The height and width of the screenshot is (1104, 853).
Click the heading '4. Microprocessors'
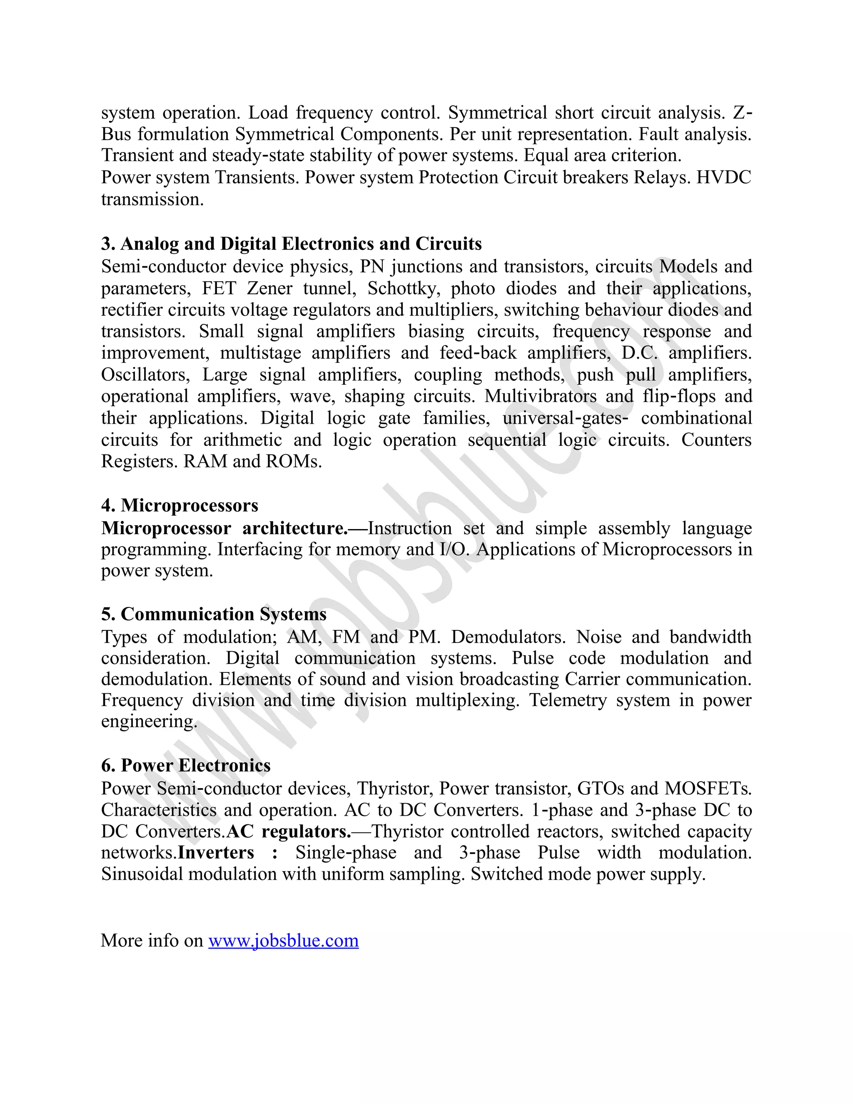pos(180,505)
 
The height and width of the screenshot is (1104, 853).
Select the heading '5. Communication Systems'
pos(214,614)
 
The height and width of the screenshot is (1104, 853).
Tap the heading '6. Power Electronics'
pos(185,765)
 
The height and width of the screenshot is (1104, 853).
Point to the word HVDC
pos(723,177)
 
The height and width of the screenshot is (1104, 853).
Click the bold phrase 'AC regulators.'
pos(289,832)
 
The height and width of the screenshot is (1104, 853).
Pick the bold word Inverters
pos(216,853)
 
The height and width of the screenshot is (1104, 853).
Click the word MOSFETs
pos(708,789)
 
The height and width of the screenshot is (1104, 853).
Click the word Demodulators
pos(508,637)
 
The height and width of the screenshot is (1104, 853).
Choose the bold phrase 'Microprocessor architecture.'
pos(224,528)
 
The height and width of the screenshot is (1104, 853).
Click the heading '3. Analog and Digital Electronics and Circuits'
pos(291,244)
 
